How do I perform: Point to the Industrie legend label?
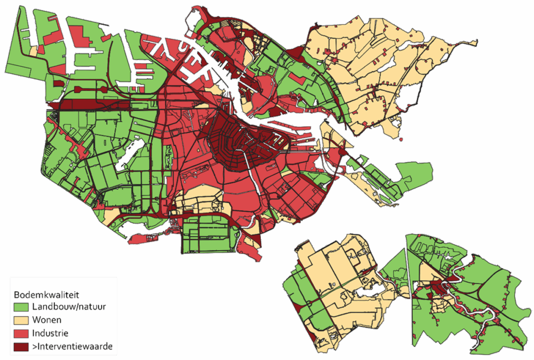pos(51,332)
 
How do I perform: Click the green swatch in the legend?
pos(21,306)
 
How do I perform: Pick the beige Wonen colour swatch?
pos(21,319)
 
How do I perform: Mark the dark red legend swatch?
pos(21,345)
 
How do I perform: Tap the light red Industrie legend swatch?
pos(21,332)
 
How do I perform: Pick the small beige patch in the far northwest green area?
pos(34,51)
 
